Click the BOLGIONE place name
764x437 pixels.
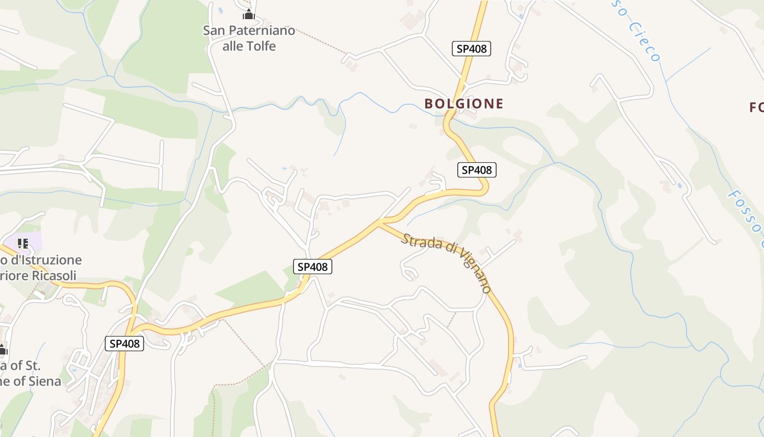[x=464, y=103]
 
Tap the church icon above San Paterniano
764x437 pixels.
[x=249, y=14]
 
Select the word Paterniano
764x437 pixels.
[x=261, y=31]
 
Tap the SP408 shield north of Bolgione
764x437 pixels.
[x=471, y=49]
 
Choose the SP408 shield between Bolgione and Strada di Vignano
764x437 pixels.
[x=476, y=170]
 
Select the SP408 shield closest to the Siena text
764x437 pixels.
[x=124, y=344]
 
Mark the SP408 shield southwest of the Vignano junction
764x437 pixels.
[x=313, y=267]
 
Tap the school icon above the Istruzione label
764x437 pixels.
[x=22, y=243]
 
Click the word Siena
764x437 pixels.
[x=44, y=381]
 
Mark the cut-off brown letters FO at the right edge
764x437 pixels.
[x=756, y=107]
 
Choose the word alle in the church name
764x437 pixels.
[x=233, y=46]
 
